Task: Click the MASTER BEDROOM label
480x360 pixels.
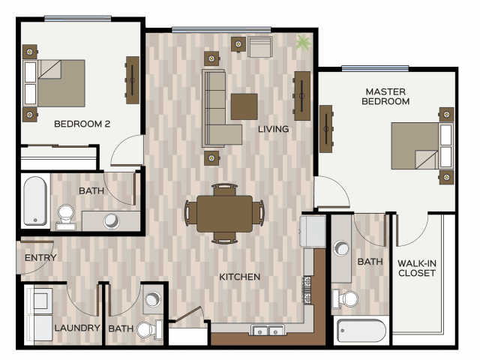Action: tap(385, 97)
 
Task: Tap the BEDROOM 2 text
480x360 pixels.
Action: tap(82, 124)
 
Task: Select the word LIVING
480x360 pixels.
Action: tap(273, 129)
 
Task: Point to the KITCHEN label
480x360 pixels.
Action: tap(240, 277)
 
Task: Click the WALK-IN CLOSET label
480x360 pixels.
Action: tap(417, 268)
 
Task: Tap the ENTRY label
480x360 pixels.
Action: tap(40, 258)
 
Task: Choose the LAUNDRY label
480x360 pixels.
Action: tap(77, 328)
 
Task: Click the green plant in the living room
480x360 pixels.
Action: tap(303, 42)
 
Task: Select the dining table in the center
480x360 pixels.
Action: tap(225, 214)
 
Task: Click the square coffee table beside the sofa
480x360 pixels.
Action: tap(244, 106)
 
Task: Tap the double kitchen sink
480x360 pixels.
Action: tap(268, 330)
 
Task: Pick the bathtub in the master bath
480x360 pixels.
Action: tap(361, 331)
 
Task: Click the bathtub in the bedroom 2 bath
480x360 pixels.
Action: tap(35, 200)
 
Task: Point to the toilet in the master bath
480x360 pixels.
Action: tap(345, 298)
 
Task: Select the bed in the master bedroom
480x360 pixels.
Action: tap(422, 145)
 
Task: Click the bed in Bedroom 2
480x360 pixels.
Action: tap(54, 83)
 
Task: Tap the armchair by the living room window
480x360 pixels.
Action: tap(260, 46)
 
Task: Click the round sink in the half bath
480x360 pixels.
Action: tap(153, 298)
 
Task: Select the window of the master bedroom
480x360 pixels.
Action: tap(375, 68)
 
